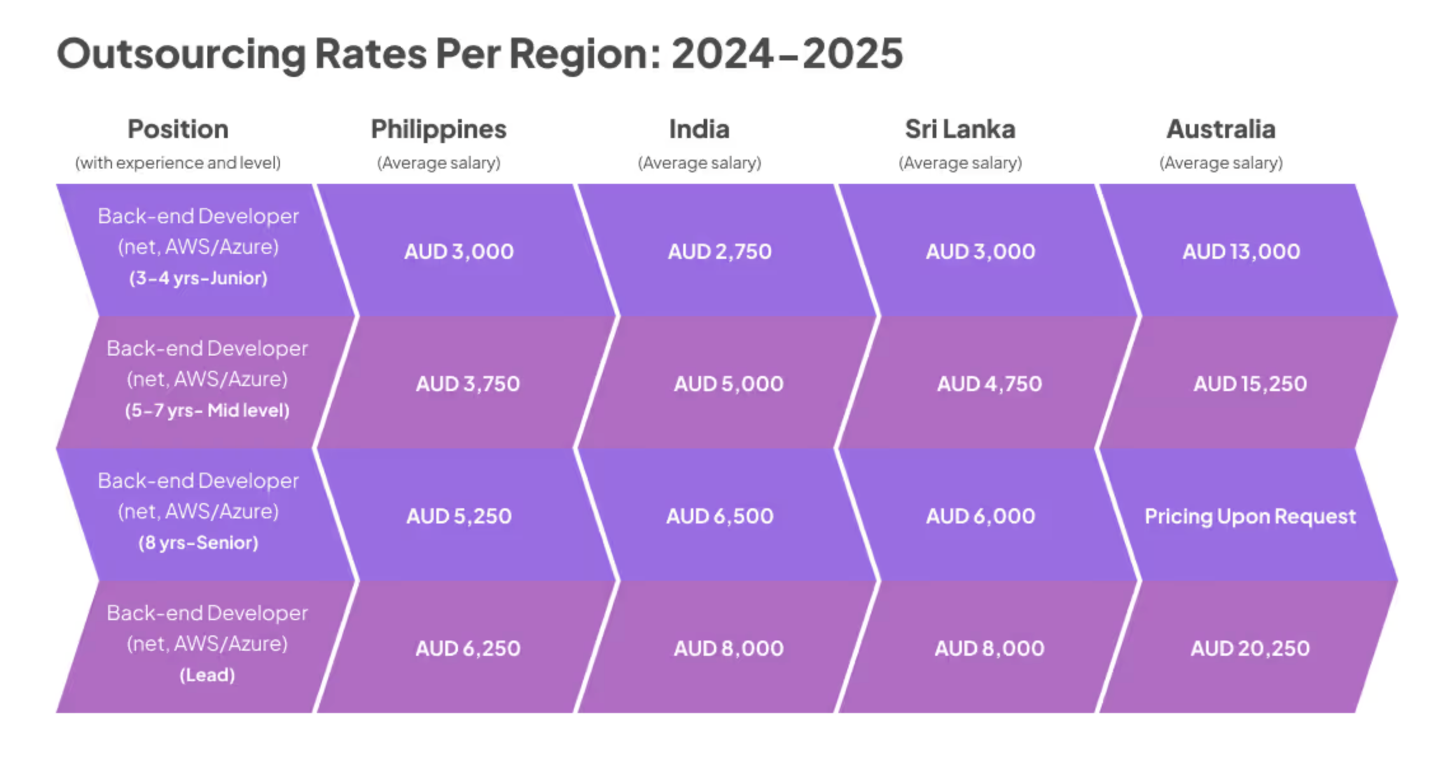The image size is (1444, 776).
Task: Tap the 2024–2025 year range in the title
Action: click(x=787, y=54)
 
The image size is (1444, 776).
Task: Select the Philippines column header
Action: click(x=438, y=130)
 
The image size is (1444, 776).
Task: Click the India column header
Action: click(x=699, y=130)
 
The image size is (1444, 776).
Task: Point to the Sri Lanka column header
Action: click(x=960, y=130)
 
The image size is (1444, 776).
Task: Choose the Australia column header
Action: click(x=1221, y=130)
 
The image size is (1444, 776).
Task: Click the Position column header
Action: click(x=178, y=130)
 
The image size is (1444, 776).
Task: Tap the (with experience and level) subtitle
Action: click(x=178, y=163)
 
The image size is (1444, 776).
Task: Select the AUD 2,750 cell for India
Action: click(x=719, y=252)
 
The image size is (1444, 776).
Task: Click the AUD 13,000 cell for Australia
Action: click(x=1241, y=252)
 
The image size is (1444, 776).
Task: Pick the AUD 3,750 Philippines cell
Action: click(x=468, y=384)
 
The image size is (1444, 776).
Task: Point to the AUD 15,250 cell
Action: click(x=1250, y=384)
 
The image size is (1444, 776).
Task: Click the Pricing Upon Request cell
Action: click(x=1250, y=516)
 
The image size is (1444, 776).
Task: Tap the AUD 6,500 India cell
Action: click(x=719, y=516)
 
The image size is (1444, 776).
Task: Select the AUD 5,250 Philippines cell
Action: click(x=459, y=516)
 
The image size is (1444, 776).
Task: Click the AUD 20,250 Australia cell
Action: click(x=1250, y=649)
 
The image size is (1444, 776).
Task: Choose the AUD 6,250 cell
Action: click(x=468, y=649)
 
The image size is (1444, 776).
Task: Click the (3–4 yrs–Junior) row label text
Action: click(x=198, y=279)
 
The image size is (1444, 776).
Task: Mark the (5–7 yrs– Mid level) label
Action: click(x=207, y=411)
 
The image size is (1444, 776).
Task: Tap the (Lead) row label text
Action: click(x=207, y=676)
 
